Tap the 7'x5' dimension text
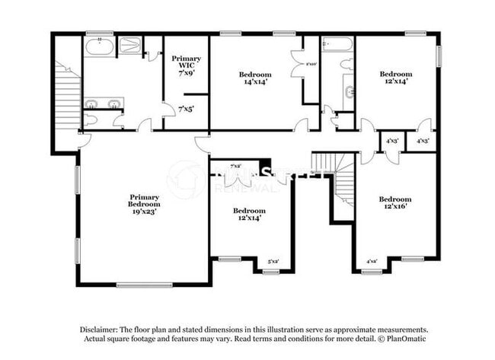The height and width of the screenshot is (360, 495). pos(186,109)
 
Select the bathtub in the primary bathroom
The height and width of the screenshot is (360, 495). pos(99,47)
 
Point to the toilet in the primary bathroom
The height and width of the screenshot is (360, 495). pos(91,120)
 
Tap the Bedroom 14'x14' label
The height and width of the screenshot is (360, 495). pos(254,79)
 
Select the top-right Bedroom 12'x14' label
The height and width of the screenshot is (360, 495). pos(395,77)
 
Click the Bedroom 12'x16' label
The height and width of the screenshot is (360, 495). pos(395,203)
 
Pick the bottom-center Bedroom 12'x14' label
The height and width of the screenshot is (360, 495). pos(248,214)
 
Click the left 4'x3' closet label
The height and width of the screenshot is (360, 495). pos(392,141)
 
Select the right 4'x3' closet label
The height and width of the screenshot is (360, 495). pos(423,141)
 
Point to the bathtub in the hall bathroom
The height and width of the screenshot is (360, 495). pos(337,45)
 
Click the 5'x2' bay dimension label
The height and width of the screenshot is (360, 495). pos(272,262)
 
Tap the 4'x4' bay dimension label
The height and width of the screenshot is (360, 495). pos(372,262)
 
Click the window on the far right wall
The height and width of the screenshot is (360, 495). pos(439,56)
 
